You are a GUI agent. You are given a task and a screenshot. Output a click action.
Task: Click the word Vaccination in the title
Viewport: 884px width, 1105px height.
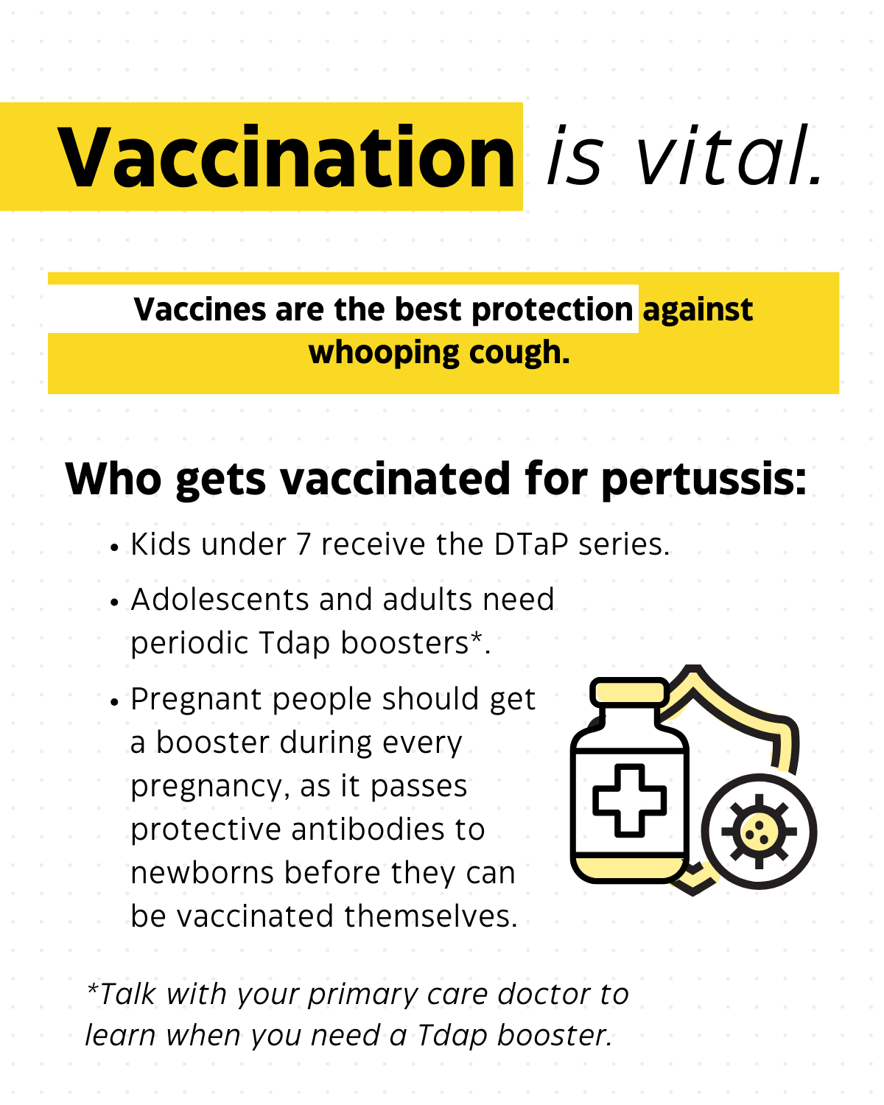pyautogui.click(x=286, y=158)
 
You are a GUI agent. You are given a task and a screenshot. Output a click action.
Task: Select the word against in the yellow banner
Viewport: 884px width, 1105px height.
pyautogui.click(x=698, y=310)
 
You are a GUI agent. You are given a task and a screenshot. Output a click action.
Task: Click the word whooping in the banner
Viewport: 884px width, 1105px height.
pyautogui.click(x=384, y=354)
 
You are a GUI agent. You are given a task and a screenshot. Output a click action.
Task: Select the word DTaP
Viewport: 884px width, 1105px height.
pyautogui.click(x=531, y=544)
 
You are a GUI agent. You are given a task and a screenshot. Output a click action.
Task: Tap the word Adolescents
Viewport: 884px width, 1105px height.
pyautogui.click(x=220, y=599)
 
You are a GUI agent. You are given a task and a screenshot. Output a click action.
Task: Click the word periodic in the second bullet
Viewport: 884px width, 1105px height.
pyautogui.click(x=189, y=644)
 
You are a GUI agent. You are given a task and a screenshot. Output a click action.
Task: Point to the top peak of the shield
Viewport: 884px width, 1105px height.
pyautogui.click(x=693, y=668)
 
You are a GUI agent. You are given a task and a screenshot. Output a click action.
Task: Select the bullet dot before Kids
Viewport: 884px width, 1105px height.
pyautogui.click(x=114, y=548)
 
